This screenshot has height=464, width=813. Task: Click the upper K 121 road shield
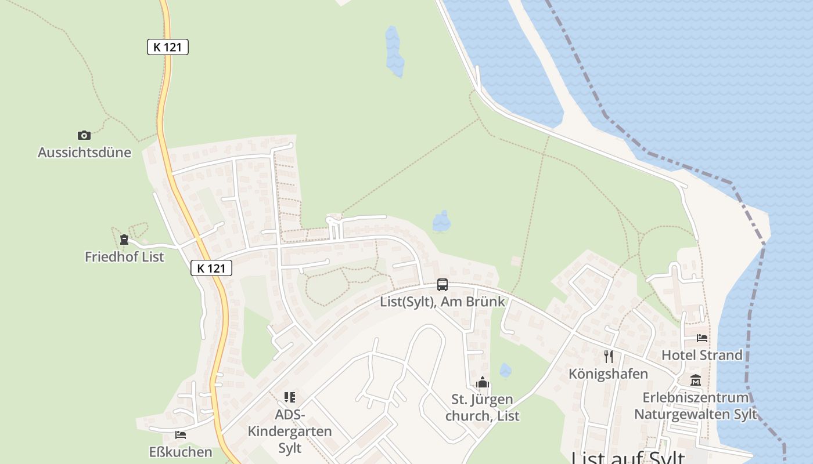[168, 47]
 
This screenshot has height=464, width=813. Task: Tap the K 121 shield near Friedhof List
[211, 268]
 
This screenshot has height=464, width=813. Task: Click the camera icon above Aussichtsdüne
[84, 135]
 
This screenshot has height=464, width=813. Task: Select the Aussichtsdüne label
[84, 153]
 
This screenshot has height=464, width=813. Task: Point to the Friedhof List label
[124, 256]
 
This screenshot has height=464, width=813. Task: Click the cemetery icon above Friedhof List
[124, 239]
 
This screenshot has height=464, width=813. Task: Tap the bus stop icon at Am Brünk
[443, 284]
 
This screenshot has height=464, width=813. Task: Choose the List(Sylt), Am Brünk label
[443, 302]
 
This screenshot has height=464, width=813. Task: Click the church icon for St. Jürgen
[483, 383]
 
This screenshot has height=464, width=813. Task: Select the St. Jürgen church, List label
[483, 408]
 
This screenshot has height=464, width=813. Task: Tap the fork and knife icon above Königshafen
[609, 356]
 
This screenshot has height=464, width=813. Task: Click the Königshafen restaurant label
[608, 374]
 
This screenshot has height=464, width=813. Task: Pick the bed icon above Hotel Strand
[702, 338]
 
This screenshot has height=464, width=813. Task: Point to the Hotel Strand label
[702, 355]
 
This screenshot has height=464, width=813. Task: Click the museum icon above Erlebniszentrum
[696, 380]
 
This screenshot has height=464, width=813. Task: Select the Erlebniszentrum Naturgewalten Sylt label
[696, 406]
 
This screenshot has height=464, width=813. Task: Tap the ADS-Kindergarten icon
[290, 397]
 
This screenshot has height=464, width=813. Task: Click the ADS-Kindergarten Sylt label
[290, 432]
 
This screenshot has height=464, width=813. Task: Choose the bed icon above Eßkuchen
[181, 434]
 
